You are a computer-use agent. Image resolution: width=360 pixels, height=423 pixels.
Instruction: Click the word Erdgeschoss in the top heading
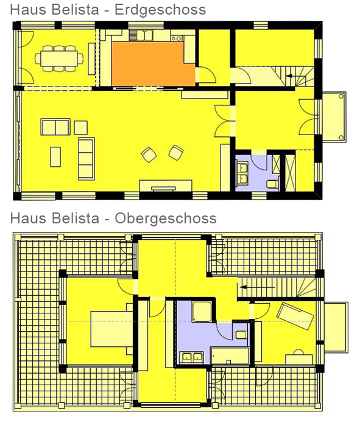160,10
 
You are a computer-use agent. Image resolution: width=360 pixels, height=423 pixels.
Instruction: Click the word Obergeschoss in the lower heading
166,218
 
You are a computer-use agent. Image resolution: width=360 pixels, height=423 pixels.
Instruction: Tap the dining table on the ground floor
59,58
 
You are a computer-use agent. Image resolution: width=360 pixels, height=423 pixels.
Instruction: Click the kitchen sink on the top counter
145,35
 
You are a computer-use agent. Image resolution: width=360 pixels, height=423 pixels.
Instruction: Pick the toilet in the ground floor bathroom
272,184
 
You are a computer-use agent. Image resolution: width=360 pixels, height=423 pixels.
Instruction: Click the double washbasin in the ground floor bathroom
242,173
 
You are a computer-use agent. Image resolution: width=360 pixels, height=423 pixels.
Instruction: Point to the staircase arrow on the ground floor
289,76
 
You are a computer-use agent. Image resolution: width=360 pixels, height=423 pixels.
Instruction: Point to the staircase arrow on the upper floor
243,287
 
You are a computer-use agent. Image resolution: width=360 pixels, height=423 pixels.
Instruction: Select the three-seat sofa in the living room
86,159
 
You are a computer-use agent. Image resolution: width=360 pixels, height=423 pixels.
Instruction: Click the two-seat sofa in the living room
55,127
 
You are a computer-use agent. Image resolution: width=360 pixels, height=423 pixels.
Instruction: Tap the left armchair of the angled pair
149,155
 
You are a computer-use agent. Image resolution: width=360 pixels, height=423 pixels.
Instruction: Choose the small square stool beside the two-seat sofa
81,128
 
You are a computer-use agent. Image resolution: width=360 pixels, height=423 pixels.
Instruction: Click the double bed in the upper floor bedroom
111,329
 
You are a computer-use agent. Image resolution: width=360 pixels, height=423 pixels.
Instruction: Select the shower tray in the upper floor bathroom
202,312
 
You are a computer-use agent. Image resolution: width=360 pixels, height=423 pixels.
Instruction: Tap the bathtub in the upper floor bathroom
230,356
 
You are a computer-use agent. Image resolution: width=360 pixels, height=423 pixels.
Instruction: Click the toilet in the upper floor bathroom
241,335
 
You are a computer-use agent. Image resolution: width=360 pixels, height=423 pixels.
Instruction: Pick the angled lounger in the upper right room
295,316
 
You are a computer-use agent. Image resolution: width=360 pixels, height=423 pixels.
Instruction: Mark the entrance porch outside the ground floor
334,116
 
